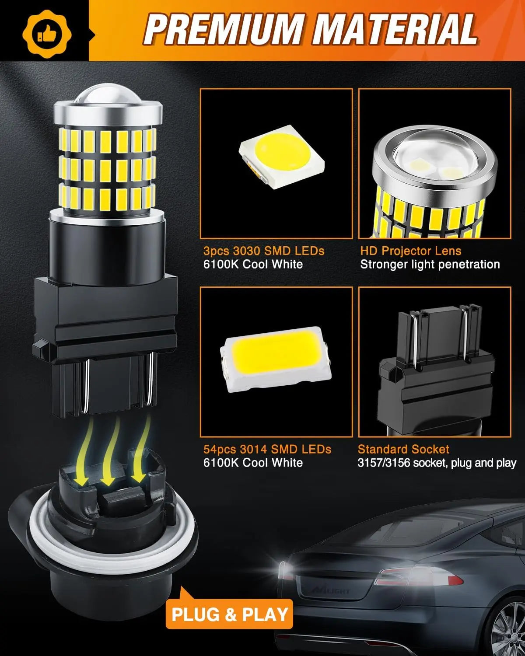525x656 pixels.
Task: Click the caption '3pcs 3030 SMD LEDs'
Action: click(x=264, y=251)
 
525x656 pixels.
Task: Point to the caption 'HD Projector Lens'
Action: click(x=411, y=251)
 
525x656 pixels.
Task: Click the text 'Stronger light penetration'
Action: click(x=430, y=264)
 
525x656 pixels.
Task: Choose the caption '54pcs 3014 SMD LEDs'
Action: click(x=267, y=449)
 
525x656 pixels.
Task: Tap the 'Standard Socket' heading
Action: click(x=403, y=449)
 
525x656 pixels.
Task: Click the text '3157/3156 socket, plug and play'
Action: click(x=437, y=463)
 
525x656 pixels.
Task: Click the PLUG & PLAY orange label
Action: click(x=230, y=614)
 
